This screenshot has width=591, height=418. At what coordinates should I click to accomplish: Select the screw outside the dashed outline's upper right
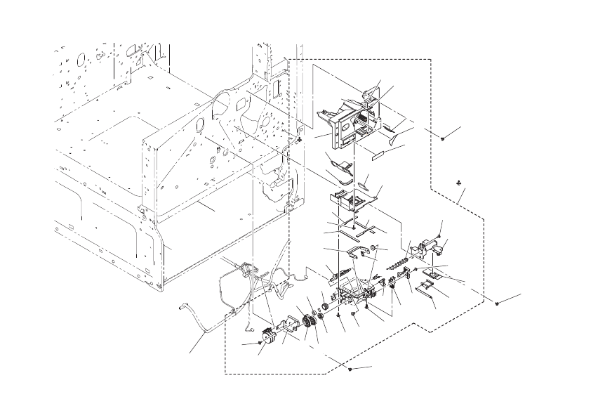coord(444,138)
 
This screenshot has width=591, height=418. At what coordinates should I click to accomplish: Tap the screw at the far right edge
coord(497,303)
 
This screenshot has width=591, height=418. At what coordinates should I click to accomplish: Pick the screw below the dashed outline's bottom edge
coord(349,368)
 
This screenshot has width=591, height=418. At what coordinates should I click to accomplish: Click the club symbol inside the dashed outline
coord(458,184)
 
